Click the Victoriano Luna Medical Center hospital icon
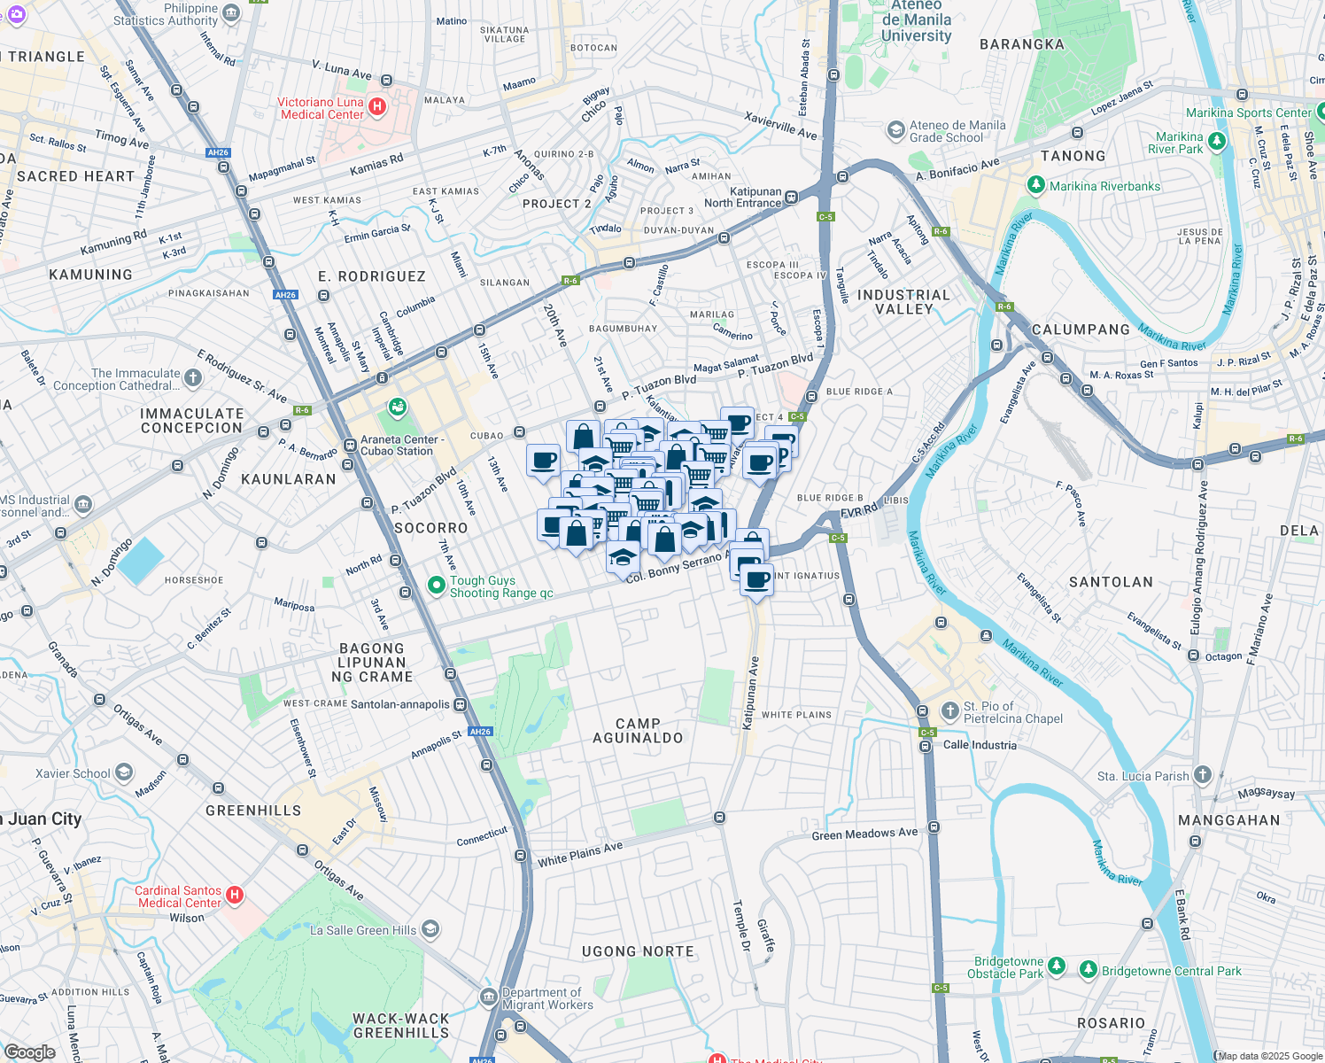coord(377,107)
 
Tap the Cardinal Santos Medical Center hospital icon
coord(235,896)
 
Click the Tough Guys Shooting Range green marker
coord(436,586)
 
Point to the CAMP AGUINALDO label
coord(638,731)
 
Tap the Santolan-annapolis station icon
coord(460,705)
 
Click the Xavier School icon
coord(124,772)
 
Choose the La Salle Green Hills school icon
coord(430,929)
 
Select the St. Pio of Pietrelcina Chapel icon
coord(949,710)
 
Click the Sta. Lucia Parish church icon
coord(1202,775)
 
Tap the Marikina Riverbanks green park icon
coord(1035,185)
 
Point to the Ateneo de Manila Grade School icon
coord(895,130)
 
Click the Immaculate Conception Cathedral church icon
coord(193,378)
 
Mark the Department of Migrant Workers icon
coord(489,997)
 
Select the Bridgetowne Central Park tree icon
coord(1088,969)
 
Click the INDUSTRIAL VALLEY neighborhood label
coord(903,302)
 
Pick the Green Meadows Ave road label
coord(864,834)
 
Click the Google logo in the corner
coord(30,1052)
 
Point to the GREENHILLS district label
coord(253,811)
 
